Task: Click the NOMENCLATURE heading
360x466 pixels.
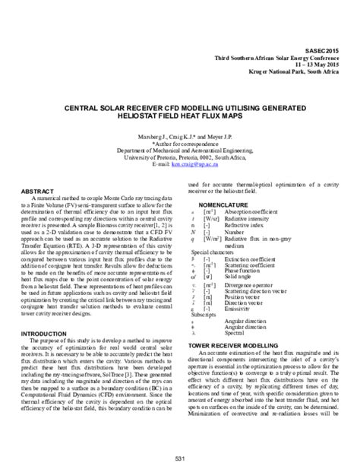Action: [226, 205]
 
